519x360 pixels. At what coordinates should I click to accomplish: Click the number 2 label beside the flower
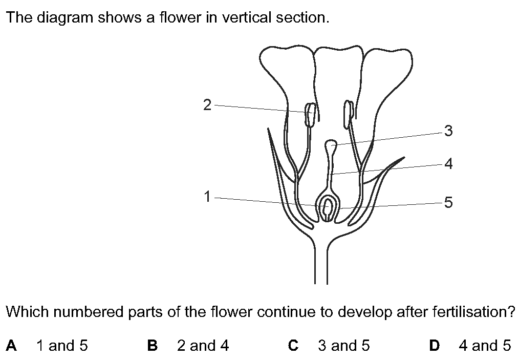click(x=207, y=105)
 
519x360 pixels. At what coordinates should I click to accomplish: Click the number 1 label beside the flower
click(x=207, y=197)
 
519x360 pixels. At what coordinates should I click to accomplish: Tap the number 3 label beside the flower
click(x=448, y=131)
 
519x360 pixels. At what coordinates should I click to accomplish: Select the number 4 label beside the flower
click(x=448, y=163)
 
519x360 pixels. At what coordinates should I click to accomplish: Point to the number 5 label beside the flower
click(x=448, y=202)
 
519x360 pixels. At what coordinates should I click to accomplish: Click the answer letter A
click(x=11, y=346)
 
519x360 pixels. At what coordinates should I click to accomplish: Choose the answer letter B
click(x=152, y=346)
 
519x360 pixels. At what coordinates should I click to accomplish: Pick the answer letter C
click(x=293, y=346)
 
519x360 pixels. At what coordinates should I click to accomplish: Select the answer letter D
click(x=434, y=346)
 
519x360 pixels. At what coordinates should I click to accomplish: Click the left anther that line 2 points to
click(x=310, y=115)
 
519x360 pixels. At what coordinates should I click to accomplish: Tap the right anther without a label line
click(x=348, y=114)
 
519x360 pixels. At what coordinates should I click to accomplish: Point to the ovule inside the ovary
click(x=328, y=207)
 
